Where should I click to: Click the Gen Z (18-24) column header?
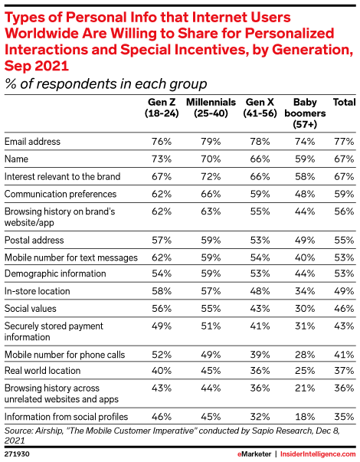162,107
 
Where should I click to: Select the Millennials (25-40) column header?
211,107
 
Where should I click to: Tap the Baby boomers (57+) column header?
305,113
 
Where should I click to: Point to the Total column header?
344,102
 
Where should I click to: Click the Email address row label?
32,142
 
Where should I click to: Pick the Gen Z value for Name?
162,159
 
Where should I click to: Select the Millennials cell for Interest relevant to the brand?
211,176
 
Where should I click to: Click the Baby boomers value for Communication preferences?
305,194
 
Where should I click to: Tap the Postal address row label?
34,240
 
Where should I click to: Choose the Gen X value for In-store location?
260,291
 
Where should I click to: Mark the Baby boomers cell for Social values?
305,309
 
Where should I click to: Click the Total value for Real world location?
344,370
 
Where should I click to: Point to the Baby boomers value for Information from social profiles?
305,417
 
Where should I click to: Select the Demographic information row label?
55,274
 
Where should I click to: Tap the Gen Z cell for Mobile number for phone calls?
162,355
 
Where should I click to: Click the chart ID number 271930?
17,454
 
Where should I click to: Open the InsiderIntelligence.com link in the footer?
318,454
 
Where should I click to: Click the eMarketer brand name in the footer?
254,454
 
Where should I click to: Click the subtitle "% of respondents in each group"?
106,84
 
